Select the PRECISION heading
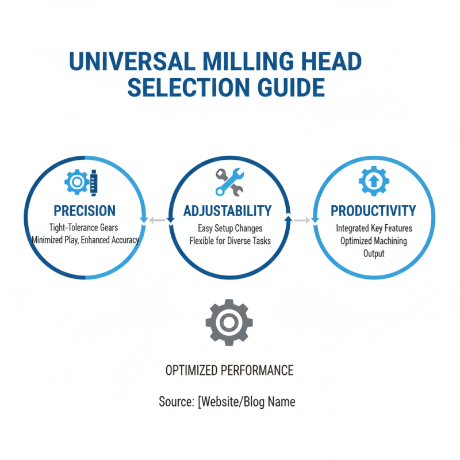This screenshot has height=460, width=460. (x=85, y=210)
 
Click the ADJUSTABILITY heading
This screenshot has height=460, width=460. (x=228, y=210)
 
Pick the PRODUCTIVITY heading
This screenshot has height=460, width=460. (x=373, y=210)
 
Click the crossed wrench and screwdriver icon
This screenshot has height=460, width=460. (x=229, y=182)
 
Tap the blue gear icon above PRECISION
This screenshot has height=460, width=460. (x=76, y=182)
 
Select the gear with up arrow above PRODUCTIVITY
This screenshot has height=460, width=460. (x=373, y=182)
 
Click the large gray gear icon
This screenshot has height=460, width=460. (x=229, y=323)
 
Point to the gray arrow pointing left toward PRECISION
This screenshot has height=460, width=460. (x=155, y=220)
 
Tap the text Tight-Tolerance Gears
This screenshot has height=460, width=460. (x=85, y=228)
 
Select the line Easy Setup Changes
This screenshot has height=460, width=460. (x=229, y=228)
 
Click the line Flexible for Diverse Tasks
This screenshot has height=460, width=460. (x=229, y=240)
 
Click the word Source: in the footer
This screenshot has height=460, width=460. (x=176, y=401)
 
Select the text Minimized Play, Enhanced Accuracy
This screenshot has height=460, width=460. (x=85, y=240)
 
